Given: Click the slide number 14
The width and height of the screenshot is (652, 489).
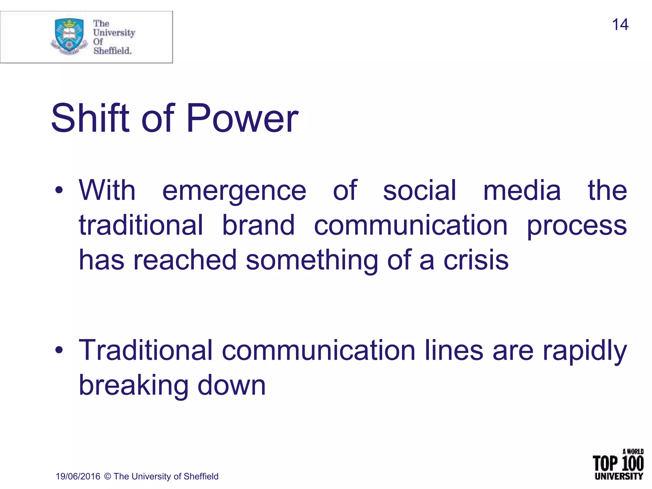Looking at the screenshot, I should tap(620, 25).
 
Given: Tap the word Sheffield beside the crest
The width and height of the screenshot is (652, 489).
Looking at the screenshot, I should tap(112, 51).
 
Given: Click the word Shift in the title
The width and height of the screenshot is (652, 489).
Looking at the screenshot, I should tap(90, 118).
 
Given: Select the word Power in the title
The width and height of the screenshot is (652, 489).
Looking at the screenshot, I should tap(242, 118).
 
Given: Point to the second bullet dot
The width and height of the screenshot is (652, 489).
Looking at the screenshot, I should tap(59, 351).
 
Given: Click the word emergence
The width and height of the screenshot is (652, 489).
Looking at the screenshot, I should tap(234, 191).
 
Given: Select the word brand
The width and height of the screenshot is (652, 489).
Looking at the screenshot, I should tap(258, 225).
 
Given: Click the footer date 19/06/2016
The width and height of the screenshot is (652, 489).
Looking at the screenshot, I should tap(78, 476).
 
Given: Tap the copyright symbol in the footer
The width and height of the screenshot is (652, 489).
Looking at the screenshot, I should tap(108, 476).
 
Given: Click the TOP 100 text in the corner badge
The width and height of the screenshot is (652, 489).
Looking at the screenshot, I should tap(618, 464).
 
